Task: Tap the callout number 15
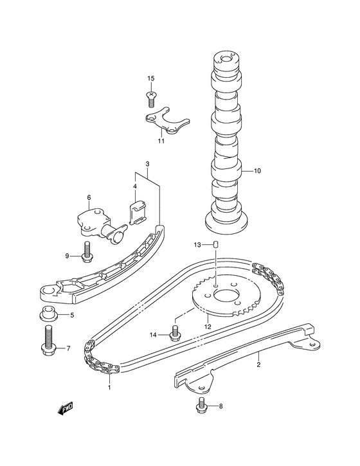(x=151, y=78)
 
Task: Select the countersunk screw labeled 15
(x=151, y=100)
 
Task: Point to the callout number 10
(x=257, y=171)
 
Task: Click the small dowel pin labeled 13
(x=216, y=245)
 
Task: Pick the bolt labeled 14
(x=174, y=334)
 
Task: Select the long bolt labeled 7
(x=48, y=342)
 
